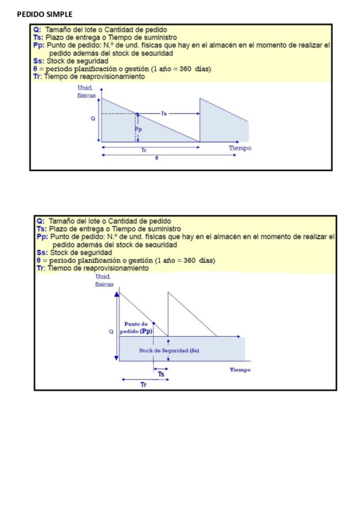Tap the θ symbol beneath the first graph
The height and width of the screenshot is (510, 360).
click(x=157, y=159)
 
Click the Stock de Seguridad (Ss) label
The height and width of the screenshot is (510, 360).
click(x=168, y=350)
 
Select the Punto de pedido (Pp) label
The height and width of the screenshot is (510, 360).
click(x=136, y=328)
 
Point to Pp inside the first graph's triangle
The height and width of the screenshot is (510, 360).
click(x=139, y=129)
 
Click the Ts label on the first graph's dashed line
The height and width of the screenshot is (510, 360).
click(x=165, y=114)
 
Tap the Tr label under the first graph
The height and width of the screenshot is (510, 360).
click(x=142, y=150)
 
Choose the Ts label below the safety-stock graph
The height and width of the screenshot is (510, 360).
click(x=161, y=373)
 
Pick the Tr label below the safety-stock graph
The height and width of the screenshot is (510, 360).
click(x=143, y=385)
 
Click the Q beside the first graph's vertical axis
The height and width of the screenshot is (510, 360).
click(x=93, y=119)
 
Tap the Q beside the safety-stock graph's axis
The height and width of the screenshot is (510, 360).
click(x=111, y=331)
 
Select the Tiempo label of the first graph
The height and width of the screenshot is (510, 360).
click(x=240, y=148)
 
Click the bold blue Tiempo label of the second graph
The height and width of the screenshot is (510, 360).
click(x=240, y=370)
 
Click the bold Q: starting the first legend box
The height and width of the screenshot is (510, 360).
click(x=38, y=29)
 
